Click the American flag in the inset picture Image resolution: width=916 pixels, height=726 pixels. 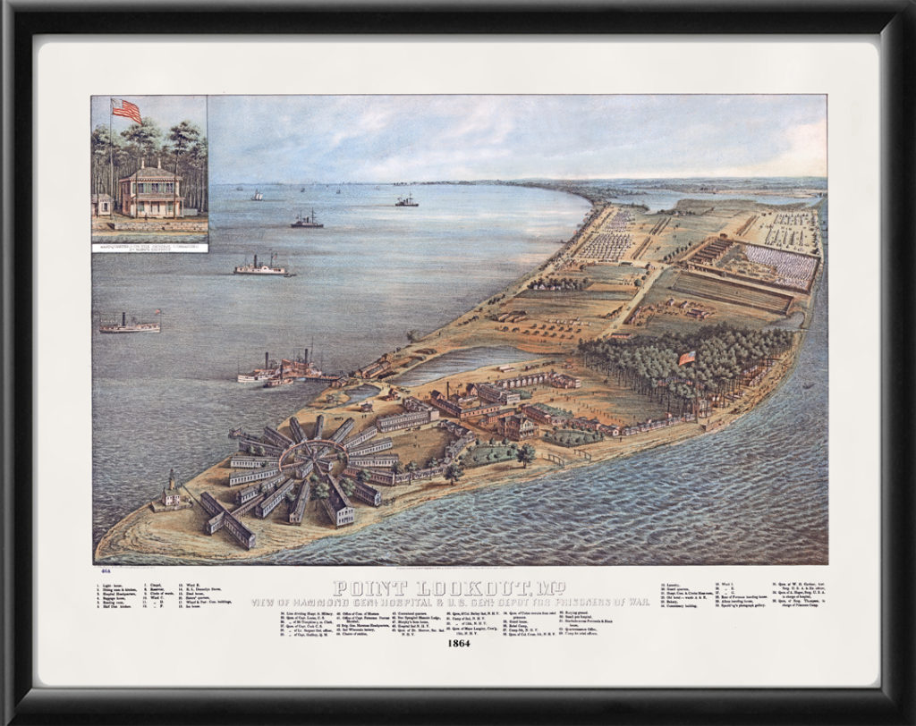pyautogui.click(x=127, y=111)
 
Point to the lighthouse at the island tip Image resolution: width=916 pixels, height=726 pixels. pyautogui.click(x=171, y=491)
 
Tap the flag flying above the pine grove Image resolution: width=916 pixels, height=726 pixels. pyautogui.click(x=687, y=358)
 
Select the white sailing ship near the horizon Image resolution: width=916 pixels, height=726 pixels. pyautogui.click(x=258, y=195)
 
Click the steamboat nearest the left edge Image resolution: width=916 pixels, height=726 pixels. pyautogui.click(x=129, y=324)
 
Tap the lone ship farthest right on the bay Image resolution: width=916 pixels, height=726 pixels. pyautogui.click(x=406, y=201)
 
